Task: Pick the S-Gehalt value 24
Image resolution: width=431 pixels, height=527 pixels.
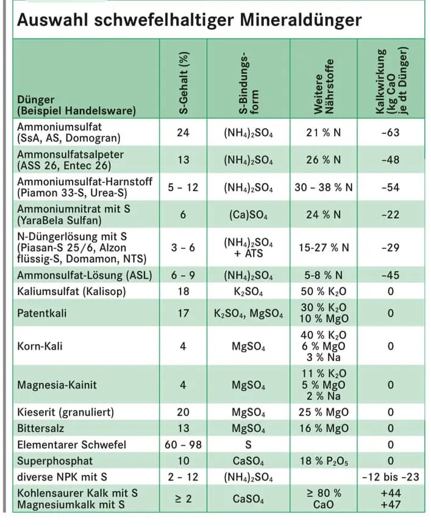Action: click(183, 132)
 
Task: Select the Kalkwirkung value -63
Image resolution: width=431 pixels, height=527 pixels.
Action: click(390, 132)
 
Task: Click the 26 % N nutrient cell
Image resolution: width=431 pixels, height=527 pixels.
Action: click(323, 160)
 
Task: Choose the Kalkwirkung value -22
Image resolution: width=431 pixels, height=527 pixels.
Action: click(390, 215)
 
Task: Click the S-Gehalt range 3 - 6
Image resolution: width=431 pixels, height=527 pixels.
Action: click(183, 247)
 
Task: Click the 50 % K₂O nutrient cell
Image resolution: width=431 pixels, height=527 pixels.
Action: click(323, 292)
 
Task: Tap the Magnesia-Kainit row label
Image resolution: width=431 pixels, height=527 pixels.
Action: click(57, 385)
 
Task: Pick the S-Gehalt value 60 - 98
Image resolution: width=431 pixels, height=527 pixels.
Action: click(183, 444)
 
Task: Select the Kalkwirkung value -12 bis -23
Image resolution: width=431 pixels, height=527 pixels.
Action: click(390, 476)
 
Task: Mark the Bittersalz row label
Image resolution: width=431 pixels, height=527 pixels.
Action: click(40, 428)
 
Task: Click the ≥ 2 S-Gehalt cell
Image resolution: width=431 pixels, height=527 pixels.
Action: click(183, 499)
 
